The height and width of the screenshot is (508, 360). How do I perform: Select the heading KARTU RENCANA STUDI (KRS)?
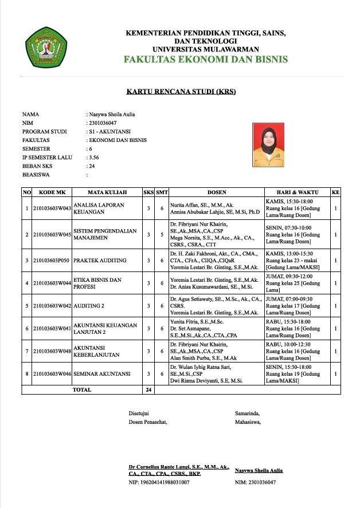181,92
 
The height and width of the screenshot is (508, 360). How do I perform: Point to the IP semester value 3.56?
93,156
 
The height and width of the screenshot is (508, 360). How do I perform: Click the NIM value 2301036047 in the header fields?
102,123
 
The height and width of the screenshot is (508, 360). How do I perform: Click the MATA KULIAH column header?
107,192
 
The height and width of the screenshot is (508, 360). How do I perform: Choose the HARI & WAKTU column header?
296,192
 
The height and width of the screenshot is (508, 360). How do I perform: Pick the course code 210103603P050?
52,260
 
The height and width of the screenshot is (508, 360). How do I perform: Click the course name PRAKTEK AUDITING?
100,260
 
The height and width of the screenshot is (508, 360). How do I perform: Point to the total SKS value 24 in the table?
148,389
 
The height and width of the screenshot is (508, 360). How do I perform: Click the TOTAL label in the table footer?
81,389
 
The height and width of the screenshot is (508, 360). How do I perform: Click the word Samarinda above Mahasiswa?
247,413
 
